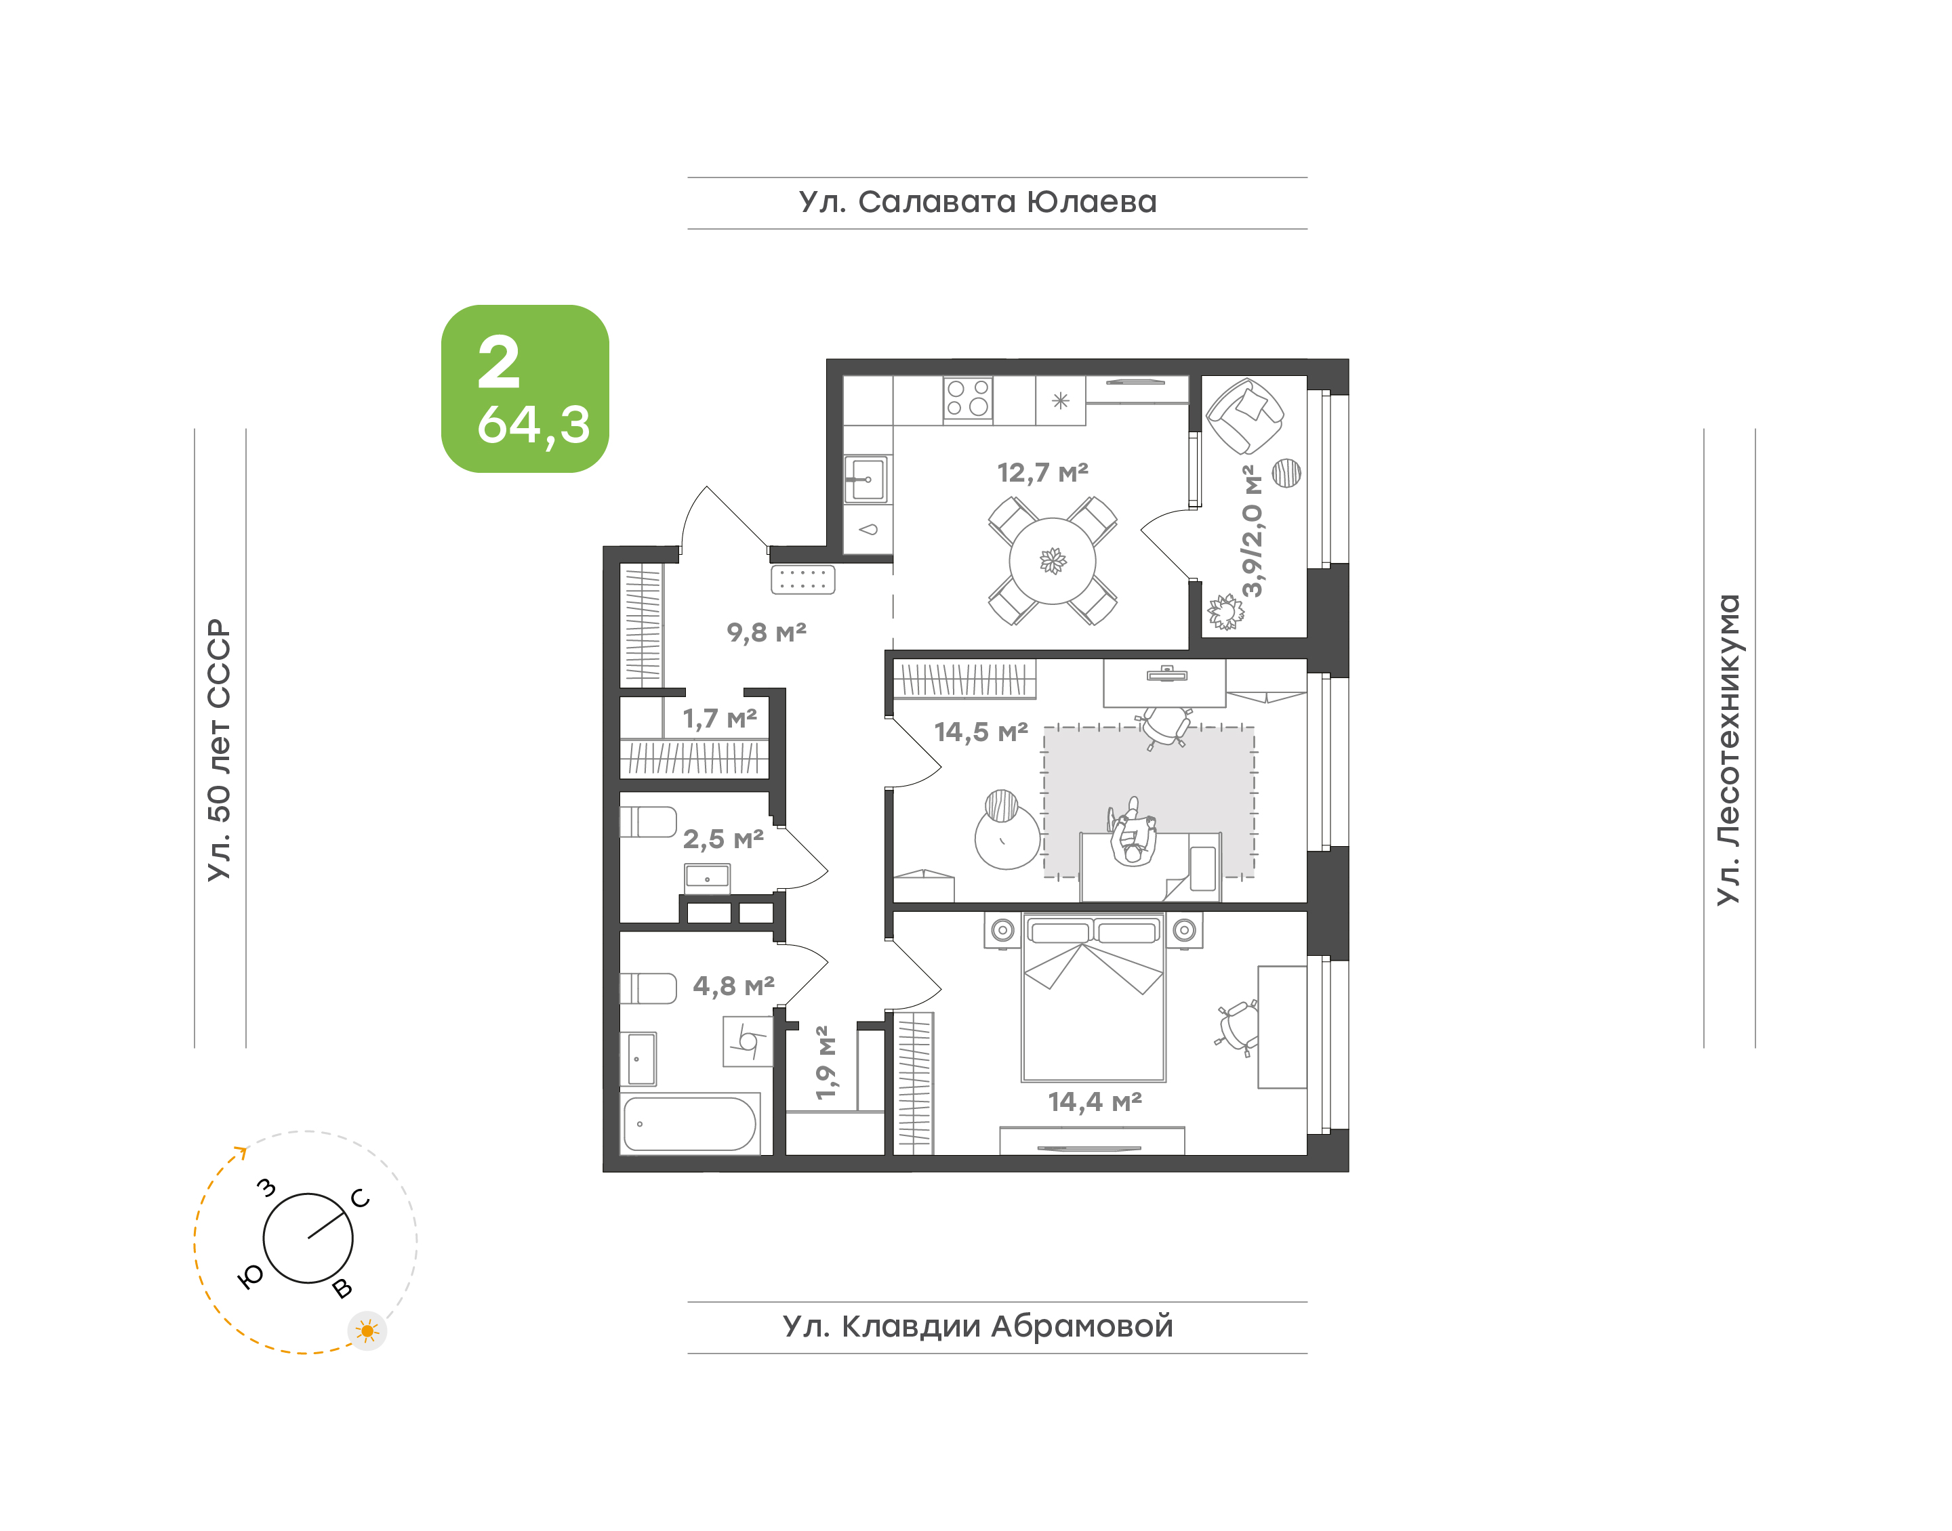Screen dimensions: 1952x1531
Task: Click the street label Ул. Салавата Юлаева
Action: pos(977,203)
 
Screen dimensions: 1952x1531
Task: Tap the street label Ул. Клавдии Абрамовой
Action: pos(977,1326)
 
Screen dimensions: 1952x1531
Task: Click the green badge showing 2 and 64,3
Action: pos(525,388)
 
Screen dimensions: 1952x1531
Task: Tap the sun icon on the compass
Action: pos(367,1331)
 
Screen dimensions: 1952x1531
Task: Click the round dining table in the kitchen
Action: pos(1052,561)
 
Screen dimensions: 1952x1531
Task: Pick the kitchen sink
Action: pos(867,480)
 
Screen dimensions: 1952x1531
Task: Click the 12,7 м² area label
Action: pos(1043,471)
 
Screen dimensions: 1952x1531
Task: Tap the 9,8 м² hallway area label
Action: pos(767,632)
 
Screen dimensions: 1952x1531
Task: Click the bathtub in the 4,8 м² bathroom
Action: pos(689,1123)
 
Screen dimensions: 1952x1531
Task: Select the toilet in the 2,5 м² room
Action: pos(648,821)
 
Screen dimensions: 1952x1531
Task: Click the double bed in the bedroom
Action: pos(1093,998)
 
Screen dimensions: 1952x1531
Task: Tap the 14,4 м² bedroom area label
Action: pos(1095,1101)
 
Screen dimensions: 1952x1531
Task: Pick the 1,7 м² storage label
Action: pos(719,718)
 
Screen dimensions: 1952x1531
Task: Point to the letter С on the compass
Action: pos(361,1198)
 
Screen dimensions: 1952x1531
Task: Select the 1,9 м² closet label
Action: pos(826,1062)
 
